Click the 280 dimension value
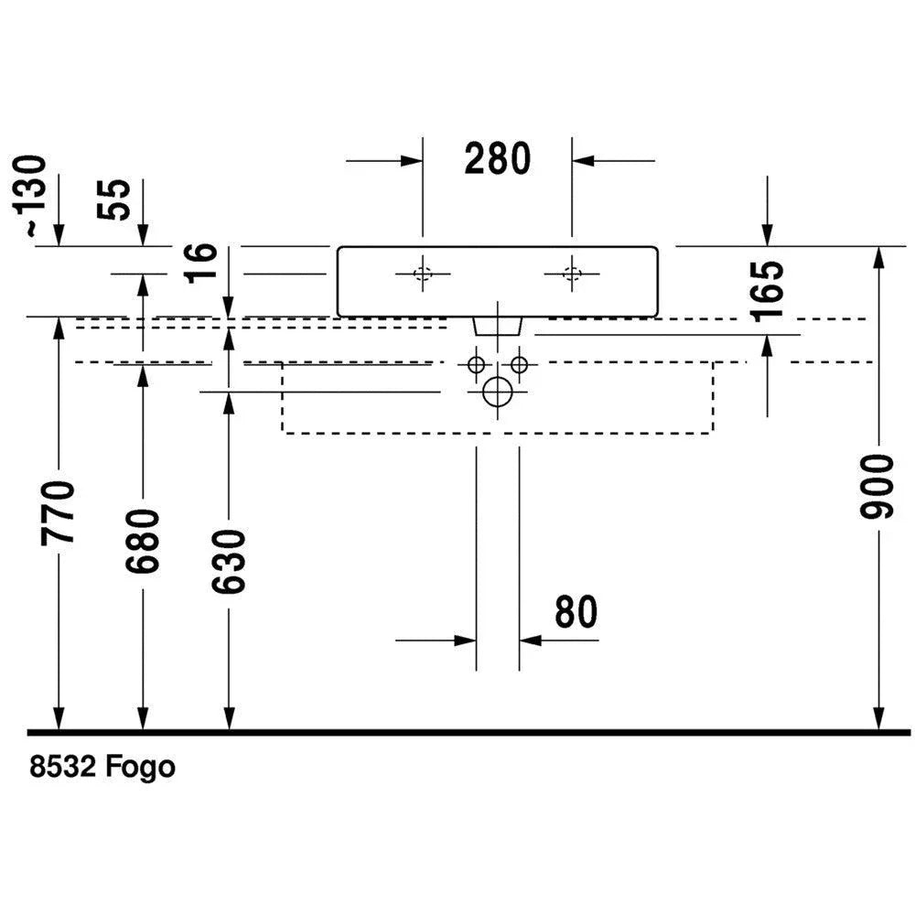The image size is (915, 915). click(497, 159)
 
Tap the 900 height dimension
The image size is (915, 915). click(877, 486)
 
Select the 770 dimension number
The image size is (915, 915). click(59, 512)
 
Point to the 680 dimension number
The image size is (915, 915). click(144, 542)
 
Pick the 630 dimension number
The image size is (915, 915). click(229, 560)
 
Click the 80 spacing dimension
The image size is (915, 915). click(576, 612)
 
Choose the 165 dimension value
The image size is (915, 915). click(768, 289)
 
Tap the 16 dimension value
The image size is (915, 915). click(200, 264)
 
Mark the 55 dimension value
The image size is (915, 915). click(117, 199)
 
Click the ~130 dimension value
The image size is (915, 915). click(34, 198)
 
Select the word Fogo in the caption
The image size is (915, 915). click(141, 767)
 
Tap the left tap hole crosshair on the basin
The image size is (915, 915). click(423, 273)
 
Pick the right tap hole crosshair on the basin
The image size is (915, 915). click(573, 273)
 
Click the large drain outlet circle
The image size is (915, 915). click(497, 392)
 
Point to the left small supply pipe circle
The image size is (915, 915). click(475, 364)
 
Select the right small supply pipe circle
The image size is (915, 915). click(520, 364)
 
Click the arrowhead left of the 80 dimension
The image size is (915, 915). click(466, 640)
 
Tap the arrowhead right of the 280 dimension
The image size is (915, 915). click(584, 161)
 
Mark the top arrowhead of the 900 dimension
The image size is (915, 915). click(879, 258)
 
